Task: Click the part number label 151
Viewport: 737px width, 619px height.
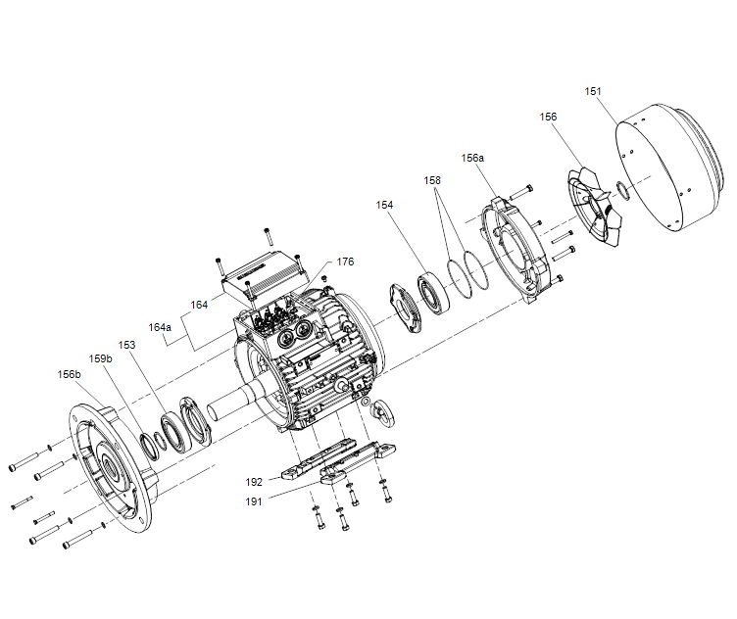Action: coord(593,91)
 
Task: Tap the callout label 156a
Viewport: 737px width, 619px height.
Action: coord(472,158)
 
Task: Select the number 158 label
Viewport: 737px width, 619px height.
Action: coord(432,180)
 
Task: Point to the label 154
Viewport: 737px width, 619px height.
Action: coord(384,205)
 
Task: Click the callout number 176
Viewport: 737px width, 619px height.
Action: coord(345,262)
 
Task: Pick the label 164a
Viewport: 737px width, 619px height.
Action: coord(160,327)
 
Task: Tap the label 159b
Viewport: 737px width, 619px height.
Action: coord(101,358)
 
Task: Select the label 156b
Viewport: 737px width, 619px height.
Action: coord(69,374)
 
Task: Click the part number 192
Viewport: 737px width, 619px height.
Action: coord(254,482)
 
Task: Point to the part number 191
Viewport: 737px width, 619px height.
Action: coord(254,501)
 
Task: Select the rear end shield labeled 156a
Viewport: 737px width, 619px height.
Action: coord(516,249)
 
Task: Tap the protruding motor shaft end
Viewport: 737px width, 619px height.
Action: coord(230,402)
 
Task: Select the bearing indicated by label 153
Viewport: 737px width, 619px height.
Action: coord(173,432)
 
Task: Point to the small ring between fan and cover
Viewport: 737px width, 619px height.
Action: coord(622,190)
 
